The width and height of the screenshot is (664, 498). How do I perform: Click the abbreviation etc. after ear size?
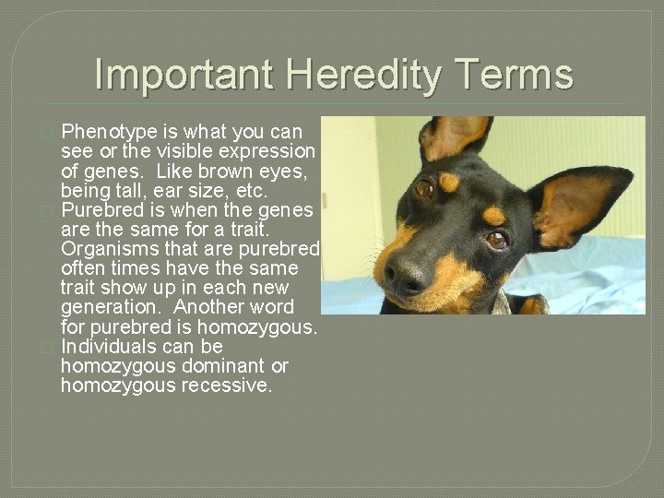tap(249, 191)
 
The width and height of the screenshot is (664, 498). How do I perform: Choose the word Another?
tap(207, 307)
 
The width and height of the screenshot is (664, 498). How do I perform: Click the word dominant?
tap(222, 366)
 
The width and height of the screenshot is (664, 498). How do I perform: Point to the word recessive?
tap(227, 385)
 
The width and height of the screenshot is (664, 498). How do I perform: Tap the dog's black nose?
tap(405, 274)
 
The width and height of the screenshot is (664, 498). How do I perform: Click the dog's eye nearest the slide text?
tap(425, 188)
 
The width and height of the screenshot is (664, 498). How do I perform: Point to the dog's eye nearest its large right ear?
tap(496, 240)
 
